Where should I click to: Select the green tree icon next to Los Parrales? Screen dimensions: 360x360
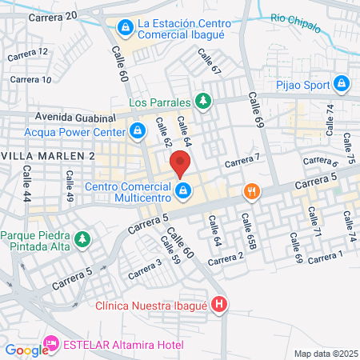[204, 102]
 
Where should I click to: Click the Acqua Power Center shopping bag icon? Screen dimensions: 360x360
[137, 129]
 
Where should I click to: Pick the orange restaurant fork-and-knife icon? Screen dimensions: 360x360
[252, 191]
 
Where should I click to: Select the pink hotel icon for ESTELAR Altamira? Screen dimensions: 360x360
[51, 345]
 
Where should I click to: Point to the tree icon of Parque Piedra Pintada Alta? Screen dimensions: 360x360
[81, 238]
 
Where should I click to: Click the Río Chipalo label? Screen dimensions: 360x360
[295, 19]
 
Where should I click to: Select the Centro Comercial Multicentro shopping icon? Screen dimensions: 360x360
[184, 190]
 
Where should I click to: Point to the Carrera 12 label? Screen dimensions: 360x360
[28, 53]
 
